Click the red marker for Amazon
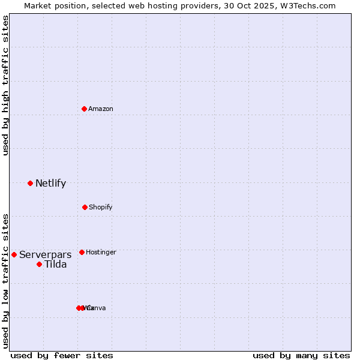pos(85,109)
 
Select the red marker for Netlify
pos(30,183)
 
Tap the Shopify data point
pos(85,207)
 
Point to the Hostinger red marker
pos(82,252)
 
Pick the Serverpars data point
pos(14,254)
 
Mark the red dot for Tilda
pos(39,264)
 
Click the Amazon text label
pos(101,109)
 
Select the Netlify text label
pos(50,183)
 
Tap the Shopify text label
pos(101,207)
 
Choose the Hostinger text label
pos(101,252)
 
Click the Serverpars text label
pos(45,254)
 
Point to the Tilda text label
pos(56,264)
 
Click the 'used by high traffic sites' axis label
pos(5,86)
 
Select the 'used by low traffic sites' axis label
pos(5,281)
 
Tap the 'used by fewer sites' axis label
pos(62,355)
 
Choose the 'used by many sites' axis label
pos(301,355)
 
